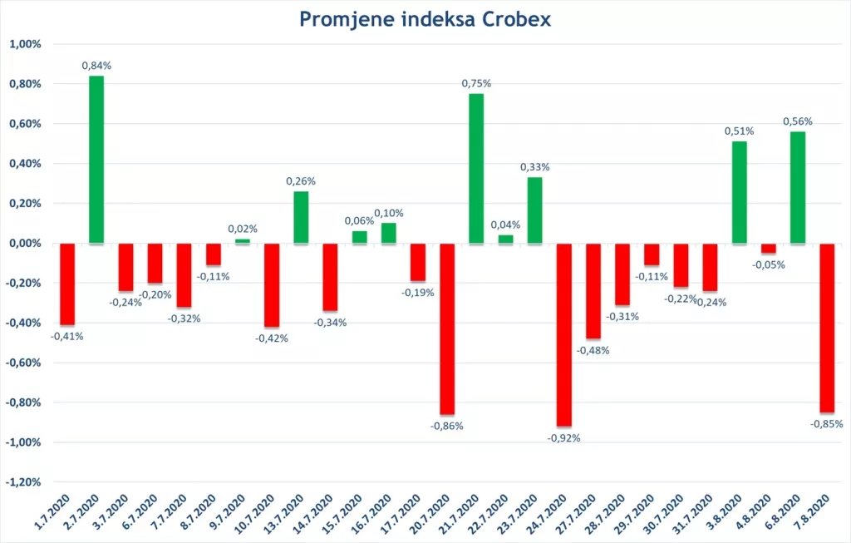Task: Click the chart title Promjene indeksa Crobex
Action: tap(425, 18)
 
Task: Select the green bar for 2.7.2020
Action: tap(96, 160)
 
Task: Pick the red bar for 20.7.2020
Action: tap(447, 328)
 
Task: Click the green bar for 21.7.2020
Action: tap(476, 169)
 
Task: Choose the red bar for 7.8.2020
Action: tap(827, 328)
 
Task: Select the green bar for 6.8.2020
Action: tap(798, 187)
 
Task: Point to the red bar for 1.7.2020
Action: tap(67, 284)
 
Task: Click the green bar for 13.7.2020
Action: tap(301, 217)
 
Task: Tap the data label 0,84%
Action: tap(96, 65)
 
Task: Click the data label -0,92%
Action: tap(564, 437)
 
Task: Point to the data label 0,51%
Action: tap(739, 131)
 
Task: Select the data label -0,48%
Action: tap(593, 350)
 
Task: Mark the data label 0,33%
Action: tap(535, 166)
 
